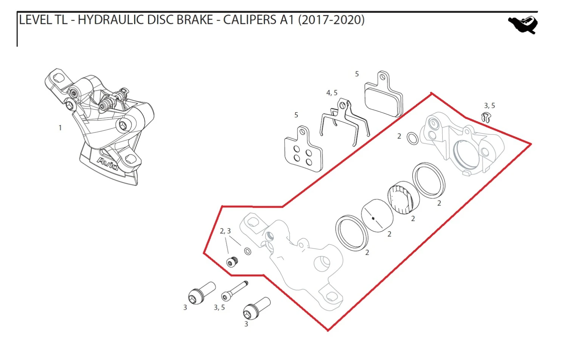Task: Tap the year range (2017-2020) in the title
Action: [x=331, y=20]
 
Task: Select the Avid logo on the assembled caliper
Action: [x=108, y=164]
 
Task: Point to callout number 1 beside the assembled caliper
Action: [x=60, y=128]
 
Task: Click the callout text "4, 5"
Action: [x=332, y=93]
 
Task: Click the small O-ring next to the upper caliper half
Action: [x=412, y=138]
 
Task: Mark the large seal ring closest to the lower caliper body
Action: [x=352, y=233]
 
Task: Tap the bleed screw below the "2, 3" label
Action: [x=231, y=262]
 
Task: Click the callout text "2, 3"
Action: [x=225, y=231]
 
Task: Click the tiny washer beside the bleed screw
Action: [x=248, y=251]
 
